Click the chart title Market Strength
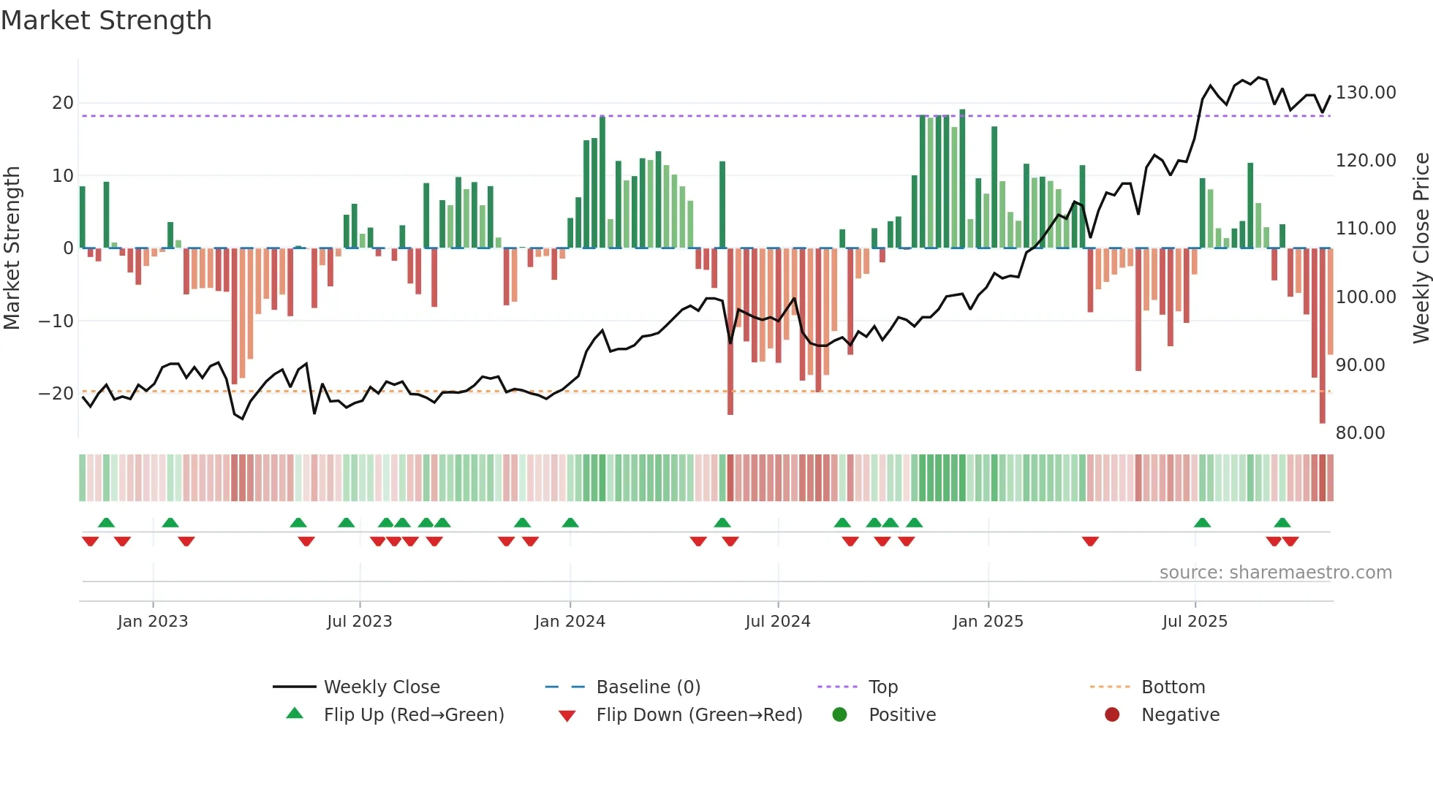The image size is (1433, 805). [x=106, y=20]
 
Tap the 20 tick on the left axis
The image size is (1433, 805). [x=63, y=103]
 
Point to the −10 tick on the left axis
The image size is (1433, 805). [x=56, y=321]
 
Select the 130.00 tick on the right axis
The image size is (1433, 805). [x=1365, y=93]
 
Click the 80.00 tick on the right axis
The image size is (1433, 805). [x=1360, y=433]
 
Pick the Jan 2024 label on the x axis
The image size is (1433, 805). [x=570, y=622]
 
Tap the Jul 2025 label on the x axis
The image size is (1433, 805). [x=1195, y=622]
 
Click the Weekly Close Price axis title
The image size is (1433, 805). [x=1421, y=248]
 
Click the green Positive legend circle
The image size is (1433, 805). [x=839, y=715]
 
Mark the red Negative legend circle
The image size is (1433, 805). [x=1112, y=715]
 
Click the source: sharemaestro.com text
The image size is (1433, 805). [x=1275, y=573]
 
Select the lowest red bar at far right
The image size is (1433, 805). [x=1322, y=336]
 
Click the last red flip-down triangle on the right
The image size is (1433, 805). [x=1290, y=541]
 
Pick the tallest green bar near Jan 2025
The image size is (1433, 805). [x=962, y=179]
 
